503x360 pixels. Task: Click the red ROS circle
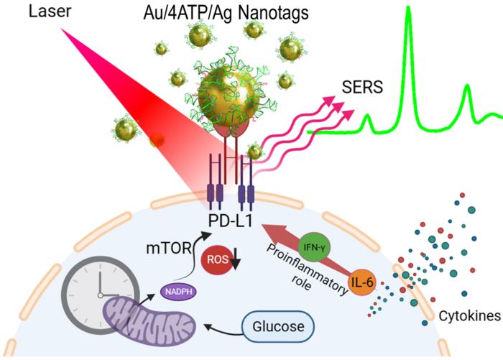216,260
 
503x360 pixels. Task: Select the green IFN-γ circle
312,245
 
